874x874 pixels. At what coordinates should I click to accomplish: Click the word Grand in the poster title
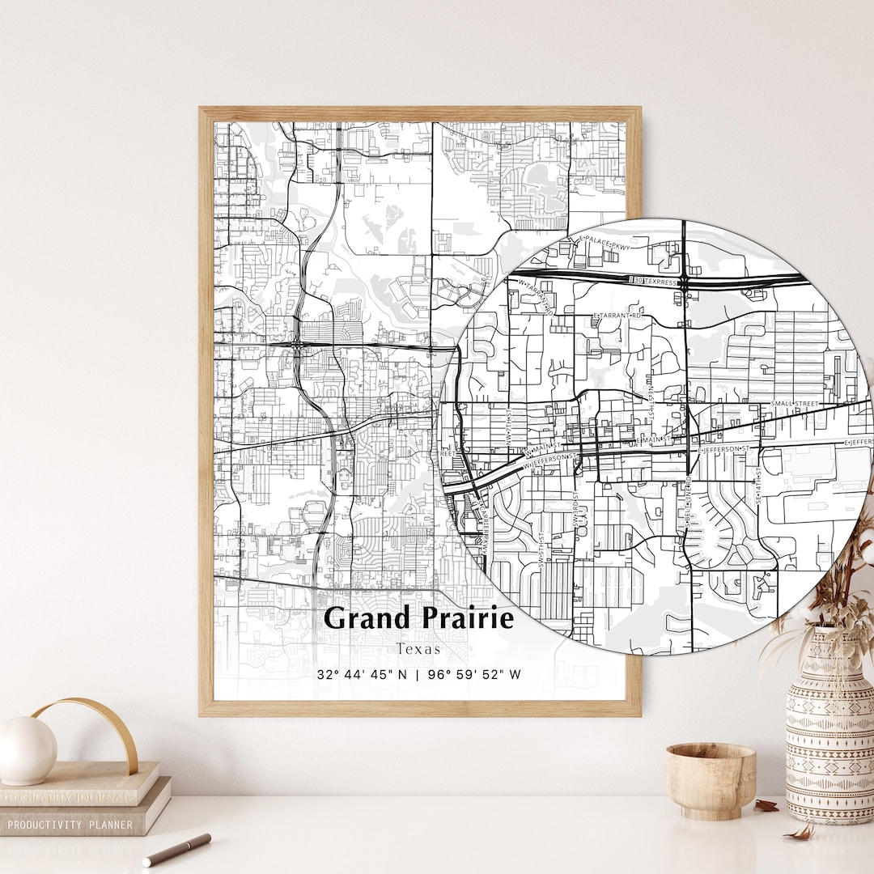(369, 618)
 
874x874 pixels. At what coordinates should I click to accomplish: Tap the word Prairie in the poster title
(467, 618)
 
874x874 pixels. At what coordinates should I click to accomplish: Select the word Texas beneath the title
(418, 648)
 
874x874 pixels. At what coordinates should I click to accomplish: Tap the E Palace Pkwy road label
(602, 240)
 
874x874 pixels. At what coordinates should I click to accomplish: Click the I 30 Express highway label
(655, 281)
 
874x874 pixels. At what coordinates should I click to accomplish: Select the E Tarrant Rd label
(617, 316)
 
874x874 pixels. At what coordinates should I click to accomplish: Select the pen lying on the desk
(176, 849)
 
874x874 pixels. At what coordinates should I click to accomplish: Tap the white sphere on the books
(27, 749)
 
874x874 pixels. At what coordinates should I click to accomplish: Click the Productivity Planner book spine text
(70, 825)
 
